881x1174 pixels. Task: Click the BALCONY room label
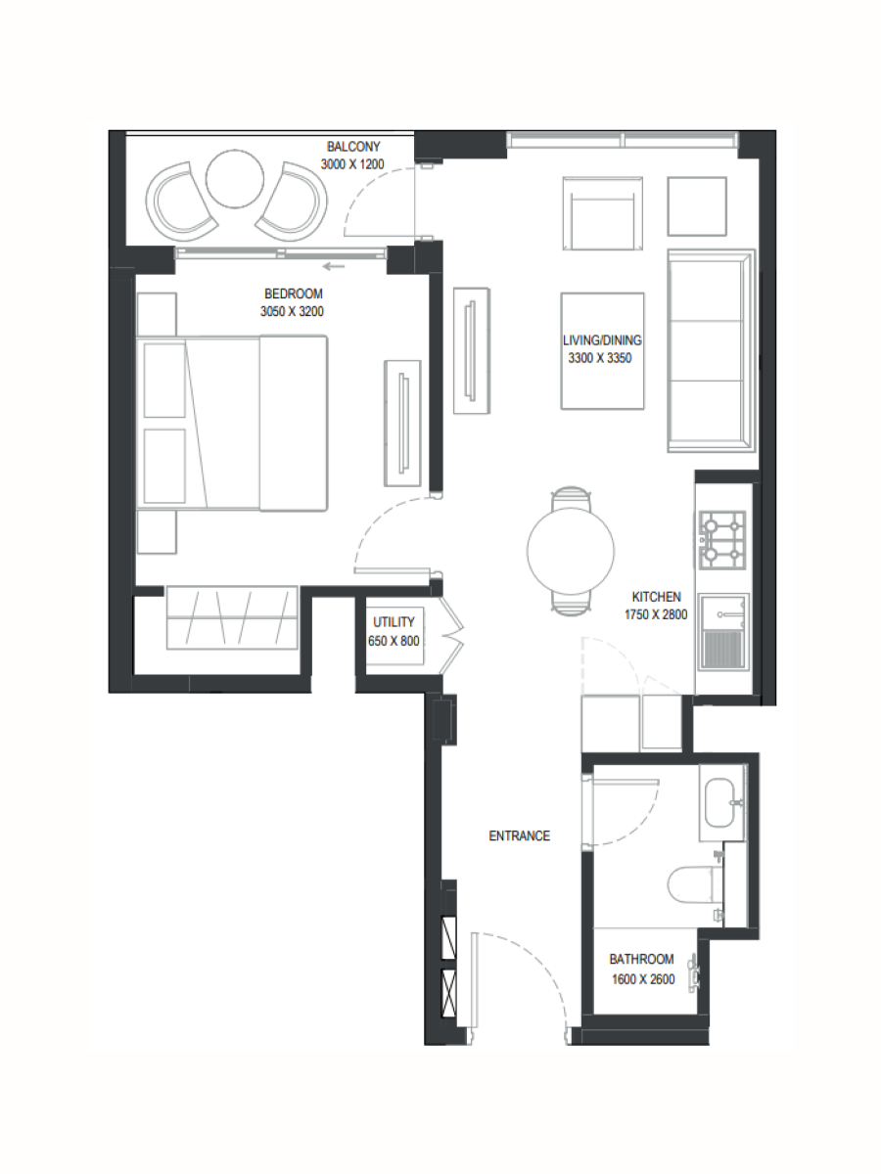click(353, 146)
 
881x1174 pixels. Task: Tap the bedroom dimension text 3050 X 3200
click(292, 311)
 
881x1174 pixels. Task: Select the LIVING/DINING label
click(602, 340)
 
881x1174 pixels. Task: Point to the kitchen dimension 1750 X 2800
click(656, 614)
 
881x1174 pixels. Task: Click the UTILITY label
click(394, 622)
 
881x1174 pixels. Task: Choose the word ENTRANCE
click(520, 835)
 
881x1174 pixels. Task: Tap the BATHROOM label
click(641, 959)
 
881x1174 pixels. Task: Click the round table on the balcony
click(235, 179)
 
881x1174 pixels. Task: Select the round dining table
click(571, 551)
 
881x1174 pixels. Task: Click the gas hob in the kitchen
click(722, 540)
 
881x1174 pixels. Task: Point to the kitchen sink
click(724, 632)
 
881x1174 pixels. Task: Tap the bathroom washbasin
click(724, 802)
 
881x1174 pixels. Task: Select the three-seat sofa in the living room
click(711, 351)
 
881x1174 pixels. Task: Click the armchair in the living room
click(603, 214)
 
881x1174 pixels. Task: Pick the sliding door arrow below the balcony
click(334, 266)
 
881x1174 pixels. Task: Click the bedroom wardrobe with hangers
click(232, 617)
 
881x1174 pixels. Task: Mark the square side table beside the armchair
click(697, 206)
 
